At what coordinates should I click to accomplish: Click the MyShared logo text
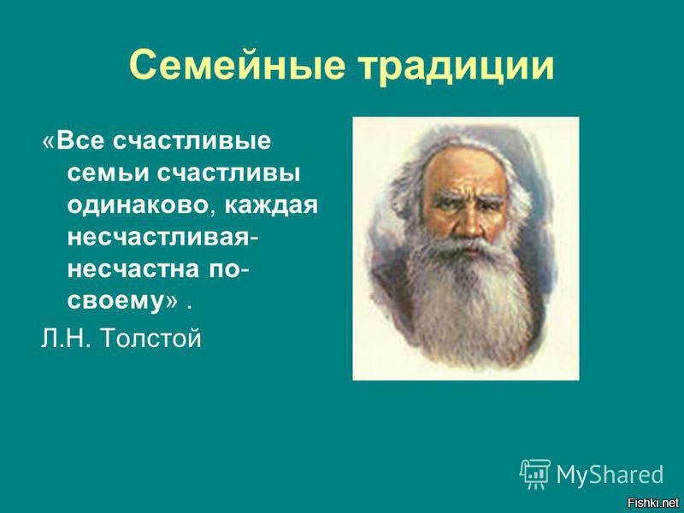610,473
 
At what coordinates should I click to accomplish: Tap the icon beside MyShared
534,473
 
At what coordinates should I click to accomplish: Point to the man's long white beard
466,299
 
